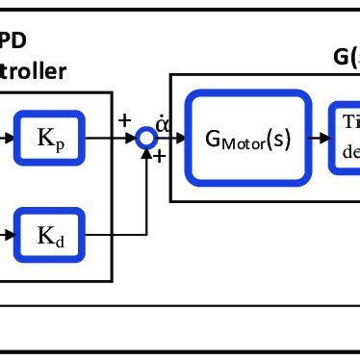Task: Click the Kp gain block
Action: click(50, 138)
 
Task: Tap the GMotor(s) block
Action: click(249, 138)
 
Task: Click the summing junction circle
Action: click(146, 138)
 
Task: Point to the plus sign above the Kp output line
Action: click(125, 120)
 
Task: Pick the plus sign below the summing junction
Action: click(159, 156)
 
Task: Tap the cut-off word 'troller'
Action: click(34, 70)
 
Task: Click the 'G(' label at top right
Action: click(346, 57)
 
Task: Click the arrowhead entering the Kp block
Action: click(11, 138)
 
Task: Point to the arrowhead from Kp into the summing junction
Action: click(132, 138)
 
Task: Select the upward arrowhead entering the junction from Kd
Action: click(146, 152)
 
